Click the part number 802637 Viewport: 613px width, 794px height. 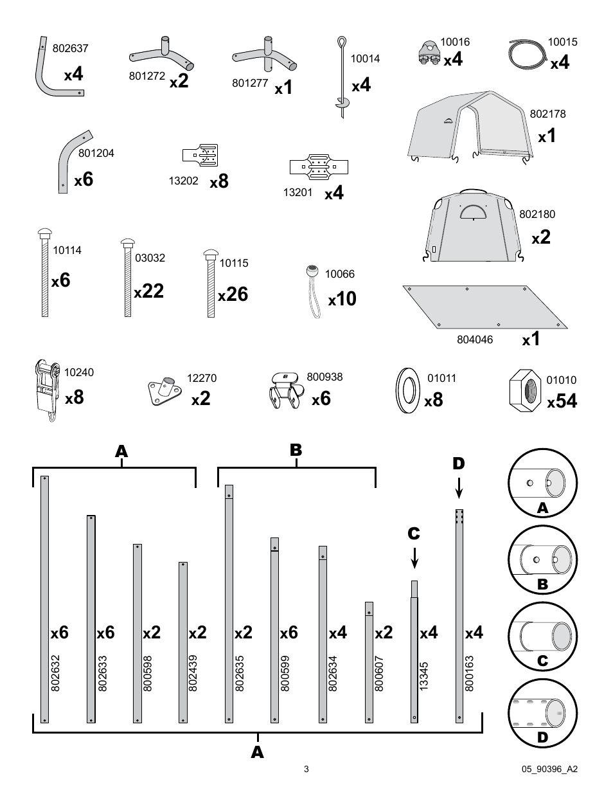[70, 48]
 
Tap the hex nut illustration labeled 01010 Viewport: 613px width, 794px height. [526, 389]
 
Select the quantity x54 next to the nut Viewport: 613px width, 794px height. [562, 402]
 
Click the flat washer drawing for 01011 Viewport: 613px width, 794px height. [406, 389]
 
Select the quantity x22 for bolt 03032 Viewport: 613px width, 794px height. [149, 291]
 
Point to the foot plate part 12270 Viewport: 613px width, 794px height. [163, 390]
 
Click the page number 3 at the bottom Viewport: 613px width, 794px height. [306, 769]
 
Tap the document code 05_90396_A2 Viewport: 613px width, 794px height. [550, 769]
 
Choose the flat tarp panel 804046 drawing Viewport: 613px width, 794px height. [485, 307]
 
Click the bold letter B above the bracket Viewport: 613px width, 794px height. [296, 450]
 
